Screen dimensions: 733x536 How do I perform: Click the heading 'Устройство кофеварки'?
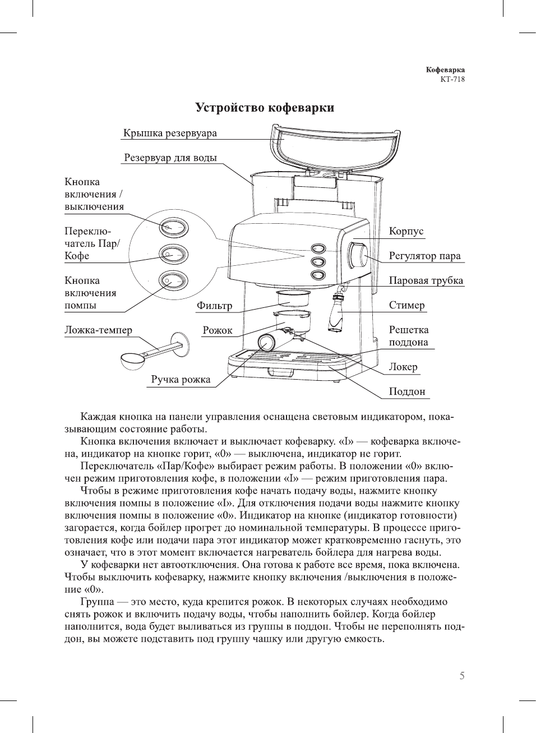265,108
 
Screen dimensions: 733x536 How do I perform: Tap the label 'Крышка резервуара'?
170,133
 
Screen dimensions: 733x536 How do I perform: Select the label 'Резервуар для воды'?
170,158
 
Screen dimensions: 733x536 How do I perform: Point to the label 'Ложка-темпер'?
98,330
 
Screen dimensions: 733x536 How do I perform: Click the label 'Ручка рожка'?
181,380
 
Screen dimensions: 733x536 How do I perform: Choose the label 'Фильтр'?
214,306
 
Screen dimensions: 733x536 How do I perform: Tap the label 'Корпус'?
406,232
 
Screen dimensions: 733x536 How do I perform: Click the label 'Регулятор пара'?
424,256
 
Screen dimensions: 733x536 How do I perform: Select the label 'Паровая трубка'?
426,281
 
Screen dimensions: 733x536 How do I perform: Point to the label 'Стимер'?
406,306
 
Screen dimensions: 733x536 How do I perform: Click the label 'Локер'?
403,367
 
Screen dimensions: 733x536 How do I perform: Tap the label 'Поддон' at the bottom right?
407,392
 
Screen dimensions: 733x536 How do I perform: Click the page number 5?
461,676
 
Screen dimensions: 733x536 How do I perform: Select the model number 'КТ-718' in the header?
452,79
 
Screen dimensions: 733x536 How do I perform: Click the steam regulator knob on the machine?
357,255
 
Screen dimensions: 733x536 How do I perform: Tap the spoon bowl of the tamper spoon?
132,360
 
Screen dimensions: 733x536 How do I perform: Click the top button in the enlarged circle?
173,227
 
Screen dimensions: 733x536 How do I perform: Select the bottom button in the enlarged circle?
173,280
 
